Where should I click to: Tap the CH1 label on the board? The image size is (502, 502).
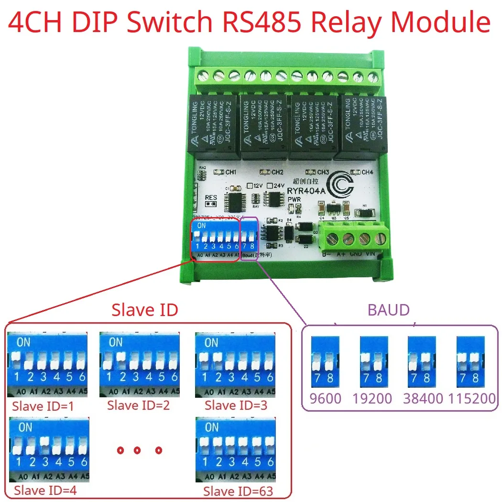click(x=231, y=172)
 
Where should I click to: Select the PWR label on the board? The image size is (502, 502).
click(x=294, y=199)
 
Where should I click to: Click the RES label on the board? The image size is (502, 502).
click(x=211, y=197)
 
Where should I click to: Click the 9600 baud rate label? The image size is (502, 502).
click(x=326, y=398)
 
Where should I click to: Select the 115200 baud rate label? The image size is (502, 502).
click(x=472, y=398)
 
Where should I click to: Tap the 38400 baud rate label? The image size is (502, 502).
click(x=423, y=398)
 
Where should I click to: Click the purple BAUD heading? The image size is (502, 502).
click(x=388, y=310)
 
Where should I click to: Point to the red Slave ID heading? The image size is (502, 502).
click(x=144, y=310)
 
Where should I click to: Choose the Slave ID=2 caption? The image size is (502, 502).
click(x=138, y=405)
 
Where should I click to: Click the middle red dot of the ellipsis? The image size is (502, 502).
click(x=137, y=450)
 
